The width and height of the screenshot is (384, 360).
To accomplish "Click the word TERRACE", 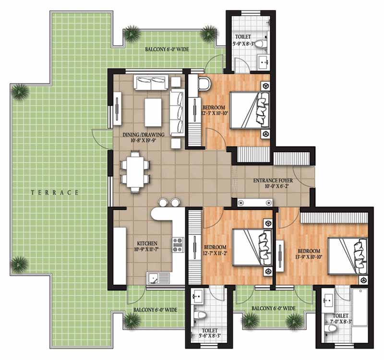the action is (x=55, y=192).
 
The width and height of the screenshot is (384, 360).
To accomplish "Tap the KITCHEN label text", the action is (x=147, y=243).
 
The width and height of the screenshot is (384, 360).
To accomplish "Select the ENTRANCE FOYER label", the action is (x=273, y=180).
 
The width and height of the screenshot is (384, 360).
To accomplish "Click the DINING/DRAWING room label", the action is (x=143, y=134).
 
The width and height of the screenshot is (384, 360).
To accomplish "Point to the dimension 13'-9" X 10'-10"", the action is (x=309, y=257).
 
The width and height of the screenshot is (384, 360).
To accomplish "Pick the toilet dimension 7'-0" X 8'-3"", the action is (x=340, y=322).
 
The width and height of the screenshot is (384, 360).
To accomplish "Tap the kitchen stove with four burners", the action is (x=178, y=245).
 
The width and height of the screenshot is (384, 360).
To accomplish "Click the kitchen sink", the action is (x=158, y=278).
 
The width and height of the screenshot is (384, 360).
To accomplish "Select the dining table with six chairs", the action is (x=135, y=172).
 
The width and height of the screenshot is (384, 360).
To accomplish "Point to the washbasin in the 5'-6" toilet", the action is (x=197, y=296).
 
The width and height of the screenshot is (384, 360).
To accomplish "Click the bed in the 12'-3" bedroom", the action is (x=250, y=110).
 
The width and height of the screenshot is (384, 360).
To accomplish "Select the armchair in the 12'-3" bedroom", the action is (x=204, y=84).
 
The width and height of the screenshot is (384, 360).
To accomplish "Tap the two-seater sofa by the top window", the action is (x=151, y=83).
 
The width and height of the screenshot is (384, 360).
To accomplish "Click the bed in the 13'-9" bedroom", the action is (x=348, y=256).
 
